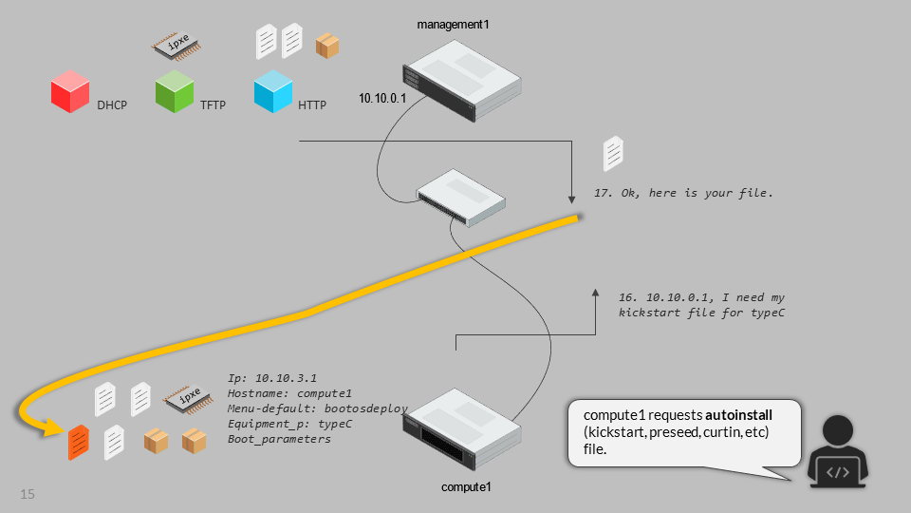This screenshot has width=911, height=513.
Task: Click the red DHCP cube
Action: [70, 93]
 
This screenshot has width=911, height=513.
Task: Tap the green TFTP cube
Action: [175, 92]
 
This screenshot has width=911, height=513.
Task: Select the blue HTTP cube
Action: [273, 92]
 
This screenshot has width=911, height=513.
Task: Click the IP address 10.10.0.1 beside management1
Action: [382, 98]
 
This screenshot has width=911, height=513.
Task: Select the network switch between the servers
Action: [461, 197]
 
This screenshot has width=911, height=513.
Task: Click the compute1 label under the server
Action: [467, 487]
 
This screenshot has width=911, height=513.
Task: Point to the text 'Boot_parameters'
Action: [280, 439]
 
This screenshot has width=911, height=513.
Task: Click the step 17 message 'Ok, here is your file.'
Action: [684, 193]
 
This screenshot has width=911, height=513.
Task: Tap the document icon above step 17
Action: [614, 153]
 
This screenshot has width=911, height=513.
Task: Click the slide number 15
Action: [28, 494]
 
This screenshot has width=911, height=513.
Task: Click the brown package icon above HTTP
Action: [327, 46]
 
